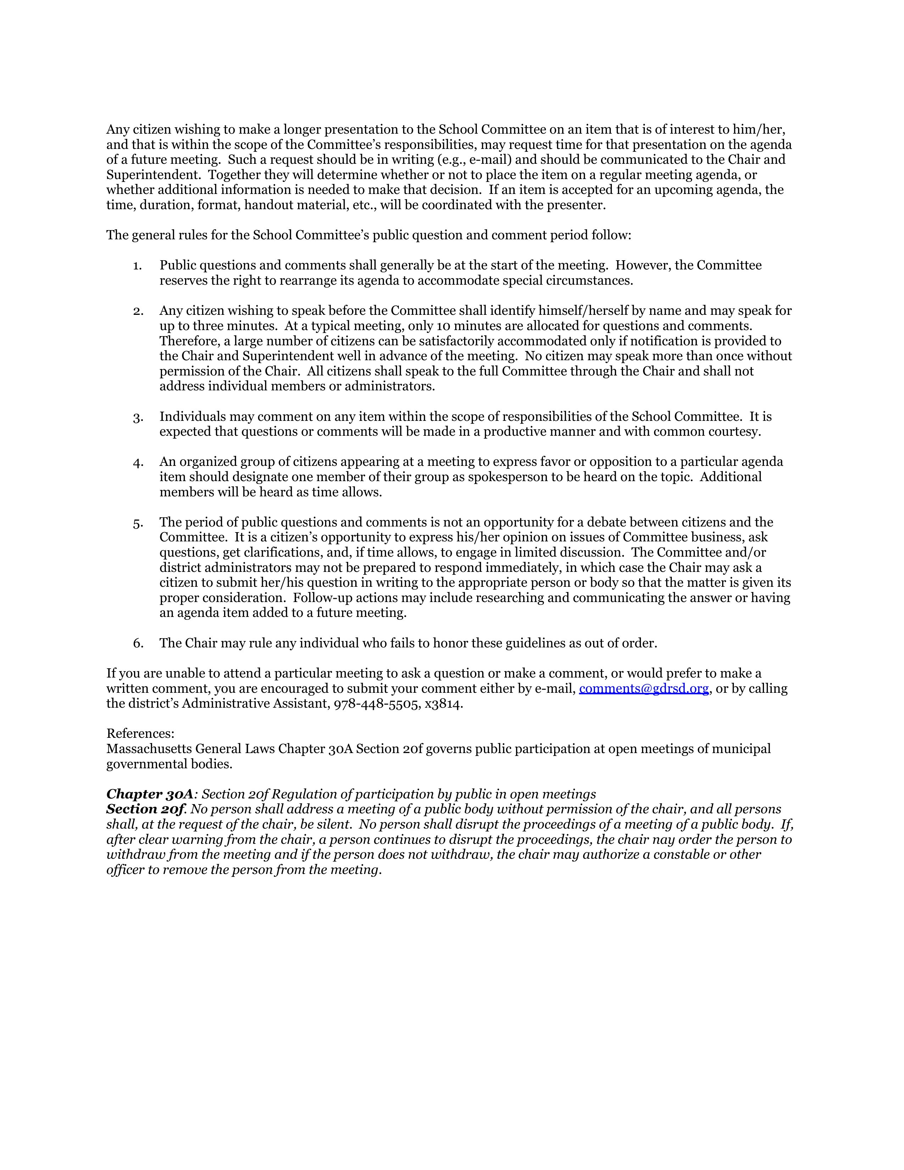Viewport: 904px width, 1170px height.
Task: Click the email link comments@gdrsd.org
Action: (x=644, y=689)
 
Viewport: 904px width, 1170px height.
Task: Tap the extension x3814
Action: (x=443, y=704)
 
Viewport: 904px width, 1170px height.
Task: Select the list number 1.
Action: (x=138, y=266)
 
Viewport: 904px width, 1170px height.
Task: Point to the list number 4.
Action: (x=138, y=462)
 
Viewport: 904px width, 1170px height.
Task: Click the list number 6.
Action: (x=138, y=643)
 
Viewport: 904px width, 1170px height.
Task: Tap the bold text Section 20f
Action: (x=145, y=809)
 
